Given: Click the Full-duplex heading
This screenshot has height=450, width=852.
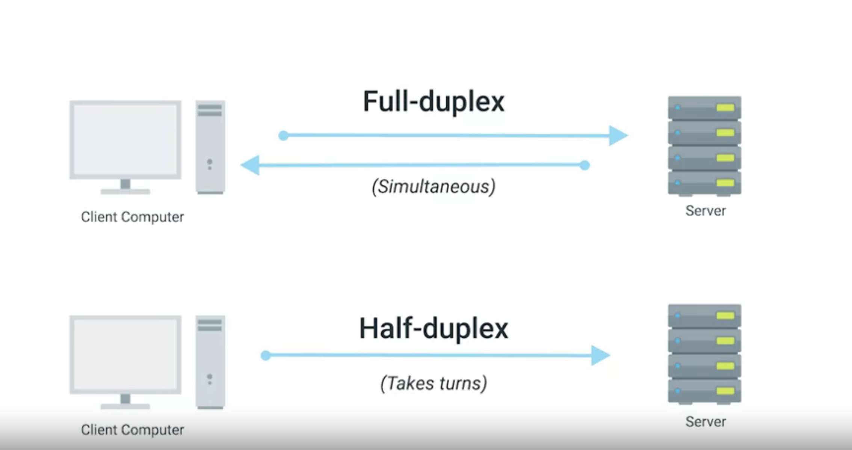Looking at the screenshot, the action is (434, 102).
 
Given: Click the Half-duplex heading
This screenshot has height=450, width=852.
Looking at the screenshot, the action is (434, 329).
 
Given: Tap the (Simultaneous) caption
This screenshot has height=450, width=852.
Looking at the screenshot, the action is (434, 187).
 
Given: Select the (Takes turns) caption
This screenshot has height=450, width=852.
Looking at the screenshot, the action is (434, 384).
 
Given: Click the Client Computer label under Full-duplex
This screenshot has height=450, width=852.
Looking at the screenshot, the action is (132, 217).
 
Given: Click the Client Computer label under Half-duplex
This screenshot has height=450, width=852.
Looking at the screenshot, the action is (132, 430).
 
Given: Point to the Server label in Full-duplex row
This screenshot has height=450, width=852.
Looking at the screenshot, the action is (705, 211).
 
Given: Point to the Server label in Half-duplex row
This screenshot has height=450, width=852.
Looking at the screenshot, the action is (705, 421).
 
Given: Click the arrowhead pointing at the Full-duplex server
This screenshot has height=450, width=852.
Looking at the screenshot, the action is (618, 136).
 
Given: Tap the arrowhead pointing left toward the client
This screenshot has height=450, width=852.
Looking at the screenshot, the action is (250, 165).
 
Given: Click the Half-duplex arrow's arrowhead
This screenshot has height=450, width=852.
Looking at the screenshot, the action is (601, 355).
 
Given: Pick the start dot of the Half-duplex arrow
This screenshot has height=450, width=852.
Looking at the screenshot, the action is (266, 355).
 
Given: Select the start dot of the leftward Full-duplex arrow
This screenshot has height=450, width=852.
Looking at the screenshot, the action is (585, 165).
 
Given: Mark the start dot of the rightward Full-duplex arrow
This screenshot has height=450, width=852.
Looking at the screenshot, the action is (283, 136).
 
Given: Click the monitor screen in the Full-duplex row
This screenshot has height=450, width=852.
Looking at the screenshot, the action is (125, 139).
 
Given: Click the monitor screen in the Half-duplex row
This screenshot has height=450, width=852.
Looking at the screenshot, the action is (125, 355).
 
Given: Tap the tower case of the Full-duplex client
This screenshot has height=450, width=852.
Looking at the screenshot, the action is (210, 147).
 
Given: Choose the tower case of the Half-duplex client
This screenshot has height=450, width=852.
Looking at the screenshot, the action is (210, 362).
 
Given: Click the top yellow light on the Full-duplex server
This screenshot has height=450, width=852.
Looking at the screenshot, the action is (725, 108).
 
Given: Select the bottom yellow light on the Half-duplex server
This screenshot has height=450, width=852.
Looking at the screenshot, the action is (725, 391).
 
